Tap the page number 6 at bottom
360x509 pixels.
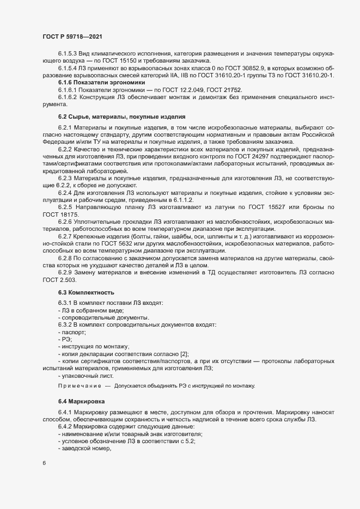[44, 463]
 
